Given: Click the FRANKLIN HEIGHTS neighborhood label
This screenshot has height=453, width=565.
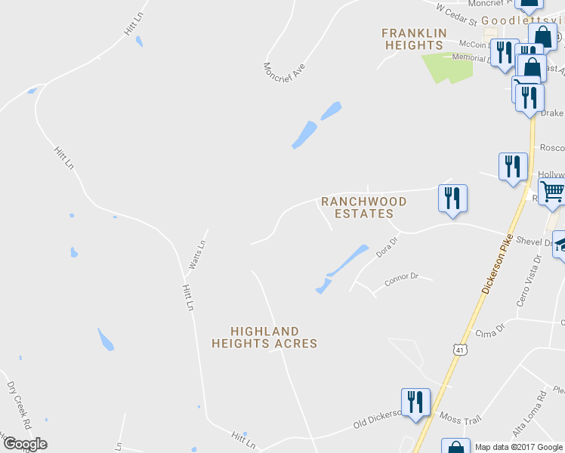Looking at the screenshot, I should (413, 39).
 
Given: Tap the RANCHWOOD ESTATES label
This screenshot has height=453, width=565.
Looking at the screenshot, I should (364, 208).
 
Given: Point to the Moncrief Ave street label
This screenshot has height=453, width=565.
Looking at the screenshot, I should (284, 79).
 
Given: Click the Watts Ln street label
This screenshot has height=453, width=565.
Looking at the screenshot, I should (196, 255).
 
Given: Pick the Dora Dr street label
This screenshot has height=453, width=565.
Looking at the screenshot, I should (387, 248).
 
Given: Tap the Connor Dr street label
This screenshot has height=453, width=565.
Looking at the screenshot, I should (401, 278).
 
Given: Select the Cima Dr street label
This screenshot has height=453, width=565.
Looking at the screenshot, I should (489, 333).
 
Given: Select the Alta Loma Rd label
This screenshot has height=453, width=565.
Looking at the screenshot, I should (529, 414).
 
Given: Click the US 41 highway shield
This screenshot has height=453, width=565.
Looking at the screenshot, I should (460, 350).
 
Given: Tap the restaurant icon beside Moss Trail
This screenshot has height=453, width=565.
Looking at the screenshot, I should (415, 402).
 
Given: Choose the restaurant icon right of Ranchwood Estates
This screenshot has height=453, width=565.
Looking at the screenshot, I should (452, 199).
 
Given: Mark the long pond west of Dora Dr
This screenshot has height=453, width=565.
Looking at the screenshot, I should (341, 268).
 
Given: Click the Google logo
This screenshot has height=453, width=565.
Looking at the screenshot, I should (25, 444).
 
